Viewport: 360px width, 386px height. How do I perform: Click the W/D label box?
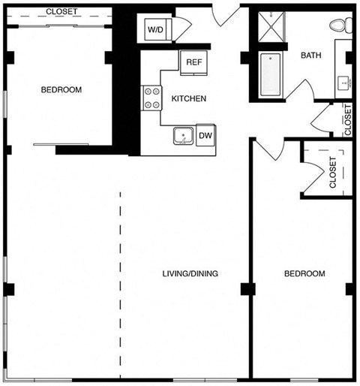pyautogui.click(x=157, y=30)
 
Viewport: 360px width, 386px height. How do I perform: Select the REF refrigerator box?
pyautogui.click(x=193, y=62)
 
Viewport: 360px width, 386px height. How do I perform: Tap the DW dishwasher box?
pyautogui.click(x=205, y=136)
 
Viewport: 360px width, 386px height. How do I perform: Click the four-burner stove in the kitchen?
pyautogui.click(x=152, y=98)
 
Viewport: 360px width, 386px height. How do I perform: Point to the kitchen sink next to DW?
pyautogui.click(x=182, y=136)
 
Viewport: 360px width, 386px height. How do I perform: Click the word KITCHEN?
pyautogui.click(x=189, y=98)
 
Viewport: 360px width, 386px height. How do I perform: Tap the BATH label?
pyautogui.click(x=311, y=56)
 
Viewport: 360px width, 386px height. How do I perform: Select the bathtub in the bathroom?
pyautogui.click(x=271, y=74)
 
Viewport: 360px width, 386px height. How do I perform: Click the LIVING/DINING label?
pyautogui.click(x=190, y=273)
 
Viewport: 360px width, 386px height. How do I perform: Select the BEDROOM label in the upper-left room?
pyautogui.click(x=61, y=89)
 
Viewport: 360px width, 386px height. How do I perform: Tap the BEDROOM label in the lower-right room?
pyautogui.click(x=304, y=273)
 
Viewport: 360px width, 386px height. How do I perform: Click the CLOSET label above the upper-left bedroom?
pyautogui.click(x=61, y=11)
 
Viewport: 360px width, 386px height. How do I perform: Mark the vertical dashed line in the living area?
pyautogui.click(x=120, y=285)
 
